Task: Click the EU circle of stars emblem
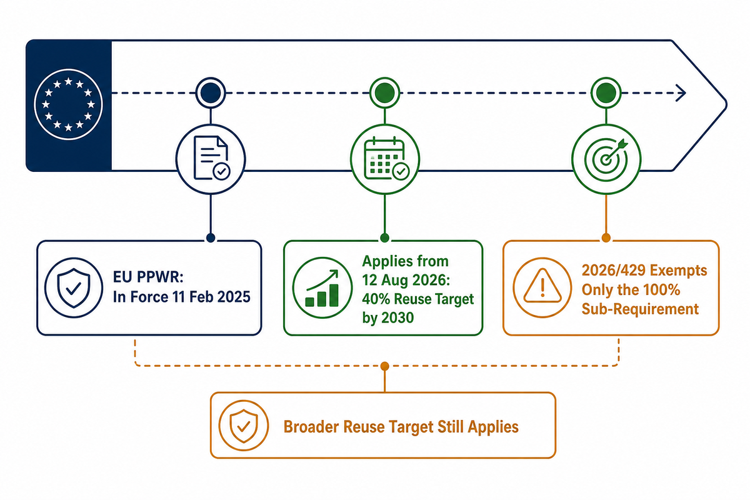[68, 104]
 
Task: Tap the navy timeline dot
[211, 92]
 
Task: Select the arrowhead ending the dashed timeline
[681, 92]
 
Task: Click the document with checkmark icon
[212, 157]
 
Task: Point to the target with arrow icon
[606, 159]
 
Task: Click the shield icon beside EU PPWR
[74, 287]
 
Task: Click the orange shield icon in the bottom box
[244, 425]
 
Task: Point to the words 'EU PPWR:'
[148, 277]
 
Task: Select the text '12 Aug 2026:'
[406, 280]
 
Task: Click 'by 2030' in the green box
[388, 317]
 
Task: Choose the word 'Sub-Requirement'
[640, 309]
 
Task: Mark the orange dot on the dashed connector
[385, 366]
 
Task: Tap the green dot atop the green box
[385, 237]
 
